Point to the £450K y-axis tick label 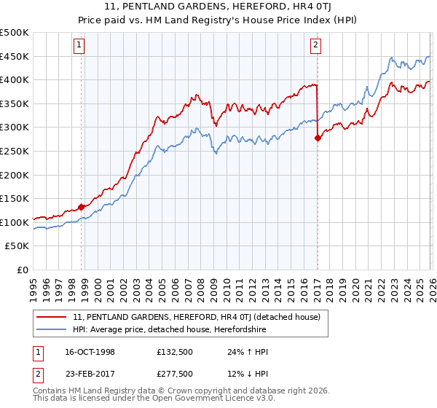point(15,56)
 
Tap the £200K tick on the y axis point(15,175)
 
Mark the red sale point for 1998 point(82,207)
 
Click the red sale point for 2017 point(318,138)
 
